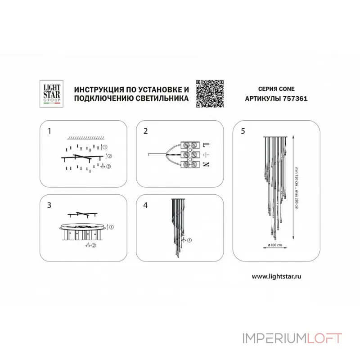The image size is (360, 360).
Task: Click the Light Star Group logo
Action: click(x=51, y=94)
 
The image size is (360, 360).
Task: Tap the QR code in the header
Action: click(x=210, y=94)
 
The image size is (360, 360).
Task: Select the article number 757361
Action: click(x=295, y=99)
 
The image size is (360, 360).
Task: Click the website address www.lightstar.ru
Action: click(x=276, y=276)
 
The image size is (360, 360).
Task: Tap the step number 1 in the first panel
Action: click(x=49, y=131)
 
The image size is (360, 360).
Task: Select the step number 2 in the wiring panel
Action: click(x=145, y=131)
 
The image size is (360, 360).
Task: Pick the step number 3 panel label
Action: click(x=49, y=205)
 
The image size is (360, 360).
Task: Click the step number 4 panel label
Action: click(x=145, y=205)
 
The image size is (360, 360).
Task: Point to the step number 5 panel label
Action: click(x=243, y=131)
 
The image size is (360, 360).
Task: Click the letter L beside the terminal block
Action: click(x=206, y=145)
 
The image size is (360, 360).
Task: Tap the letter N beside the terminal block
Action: click(x=206, y=164)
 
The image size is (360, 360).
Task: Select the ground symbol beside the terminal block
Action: click(x=206, y=155)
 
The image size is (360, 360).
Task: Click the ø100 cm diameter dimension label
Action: click(x=275, y=245)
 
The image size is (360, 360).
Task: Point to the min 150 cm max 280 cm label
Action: click(x=297, y=188)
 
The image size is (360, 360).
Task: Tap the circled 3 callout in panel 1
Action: click(x=108, y=166)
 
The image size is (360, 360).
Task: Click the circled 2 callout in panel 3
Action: click(x=94, y=245)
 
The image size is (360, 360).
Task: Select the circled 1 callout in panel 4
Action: click(x=189, y=240)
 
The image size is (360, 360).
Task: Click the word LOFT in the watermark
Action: click(x=324, y=338)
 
